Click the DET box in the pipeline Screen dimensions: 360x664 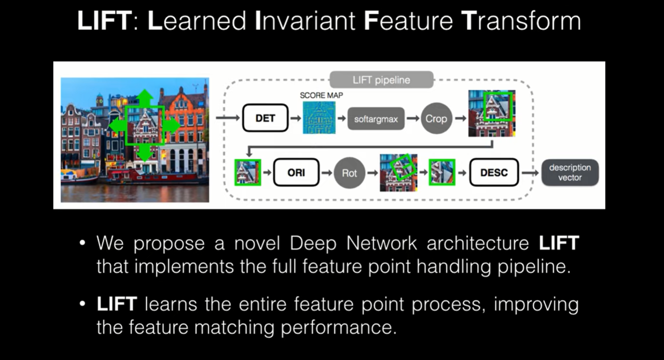tap(265, 118)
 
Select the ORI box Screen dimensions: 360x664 tap(296, 173)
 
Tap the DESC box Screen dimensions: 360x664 tap(494, 173)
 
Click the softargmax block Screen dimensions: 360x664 tap(376, 119)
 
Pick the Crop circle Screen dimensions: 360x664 tap(436, 119)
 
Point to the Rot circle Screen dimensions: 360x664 tap(349, 173)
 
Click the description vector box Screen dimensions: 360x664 tap(570, 173)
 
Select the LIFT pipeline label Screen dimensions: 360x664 tap(381, 80)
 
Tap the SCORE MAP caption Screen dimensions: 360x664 tap(321, 95)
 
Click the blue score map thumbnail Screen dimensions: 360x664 tap(319, 118)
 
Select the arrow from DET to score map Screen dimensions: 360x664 tap(295, 119)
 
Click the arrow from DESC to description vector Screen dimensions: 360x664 tap(529, 173)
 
